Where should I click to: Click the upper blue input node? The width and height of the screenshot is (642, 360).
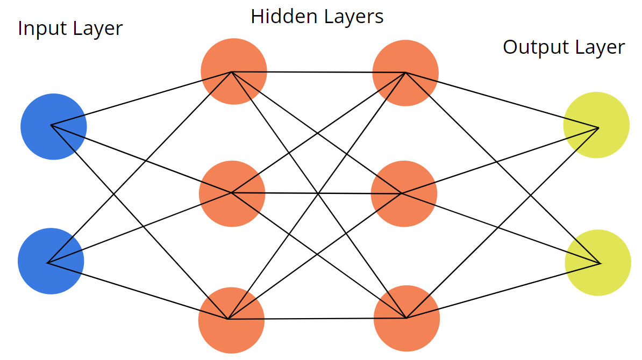click(53, 126)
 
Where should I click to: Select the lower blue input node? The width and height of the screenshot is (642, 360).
click(51, 261)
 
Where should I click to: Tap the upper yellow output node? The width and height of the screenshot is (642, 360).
click(596, 125)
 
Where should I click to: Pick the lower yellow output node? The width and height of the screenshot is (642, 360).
click(597, 262)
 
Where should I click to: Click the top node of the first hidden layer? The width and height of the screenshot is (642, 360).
click(233, 71)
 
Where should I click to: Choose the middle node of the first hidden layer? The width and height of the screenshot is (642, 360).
click(232, 193)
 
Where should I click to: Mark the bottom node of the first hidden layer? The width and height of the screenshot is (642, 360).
click(231, 320)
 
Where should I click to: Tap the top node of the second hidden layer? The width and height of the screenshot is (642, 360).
click(405, 73)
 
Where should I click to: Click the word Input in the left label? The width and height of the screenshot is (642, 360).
click(37, 28)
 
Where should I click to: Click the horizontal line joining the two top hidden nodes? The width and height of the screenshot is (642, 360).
click(318, 72)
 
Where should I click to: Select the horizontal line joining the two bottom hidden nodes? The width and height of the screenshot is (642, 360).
click(317, 319)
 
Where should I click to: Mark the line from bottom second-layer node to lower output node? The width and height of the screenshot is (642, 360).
click(503, 291)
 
